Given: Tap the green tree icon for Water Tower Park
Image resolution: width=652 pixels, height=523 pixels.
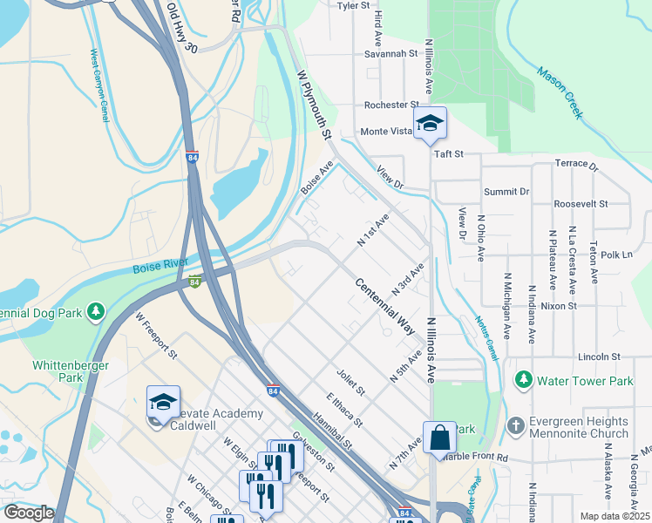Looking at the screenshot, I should coord(523,380).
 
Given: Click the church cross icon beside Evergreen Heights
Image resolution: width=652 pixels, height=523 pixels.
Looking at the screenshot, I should coord(515,427).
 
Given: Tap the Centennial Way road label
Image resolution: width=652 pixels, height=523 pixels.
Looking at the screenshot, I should coord(384,306).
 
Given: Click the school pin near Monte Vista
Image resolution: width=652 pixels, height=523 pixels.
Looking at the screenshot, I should coord(430,124).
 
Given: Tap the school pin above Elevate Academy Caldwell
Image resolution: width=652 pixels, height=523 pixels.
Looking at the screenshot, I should coord(163,403).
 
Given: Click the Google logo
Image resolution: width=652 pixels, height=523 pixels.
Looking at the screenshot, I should coord(29,513).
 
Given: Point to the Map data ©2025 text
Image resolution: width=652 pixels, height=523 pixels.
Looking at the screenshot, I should coord(615,516).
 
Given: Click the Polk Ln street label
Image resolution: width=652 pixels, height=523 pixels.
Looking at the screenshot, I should coord(615,255).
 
